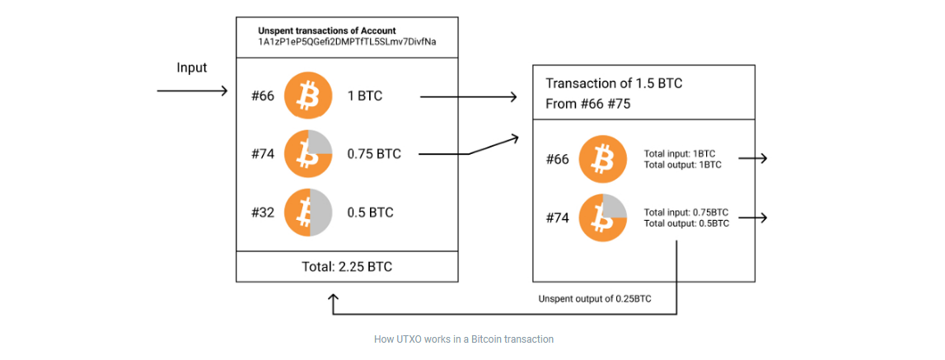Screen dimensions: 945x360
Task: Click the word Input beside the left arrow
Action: click(x=192, y=68)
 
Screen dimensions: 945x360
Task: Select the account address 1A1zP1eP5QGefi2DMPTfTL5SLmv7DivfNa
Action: click(x=347, y=42)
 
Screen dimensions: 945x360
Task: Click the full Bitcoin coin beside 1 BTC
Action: click(x=308, y=97)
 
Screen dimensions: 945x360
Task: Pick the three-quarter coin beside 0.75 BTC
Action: click(x=308, y=154)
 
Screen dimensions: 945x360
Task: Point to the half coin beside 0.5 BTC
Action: click(x=308, y=213)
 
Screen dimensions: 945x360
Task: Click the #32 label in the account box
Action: click(x=263, y=213)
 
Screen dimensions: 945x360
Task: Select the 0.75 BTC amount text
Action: click(x=374, y=154)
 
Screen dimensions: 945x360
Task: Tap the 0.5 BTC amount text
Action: click(x=370, y=213)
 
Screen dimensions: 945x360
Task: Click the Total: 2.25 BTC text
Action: click(x=346, y=267)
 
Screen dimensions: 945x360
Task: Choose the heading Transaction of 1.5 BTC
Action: click(x=614, y=84)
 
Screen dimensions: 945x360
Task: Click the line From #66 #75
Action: click(x=591, y=105)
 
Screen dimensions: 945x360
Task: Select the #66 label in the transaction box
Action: click(x=558, y=159)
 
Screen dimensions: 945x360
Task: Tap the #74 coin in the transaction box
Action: click(x=603, y=218)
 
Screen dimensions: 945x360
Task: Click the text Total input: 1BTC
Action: click(x=679, y=153)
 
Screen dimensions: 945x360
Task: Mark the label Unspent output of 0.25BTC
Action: click(x=594, y=299)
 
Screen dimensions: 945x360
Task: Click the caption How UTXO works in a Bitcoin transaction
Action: click(x=464, y=339)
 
